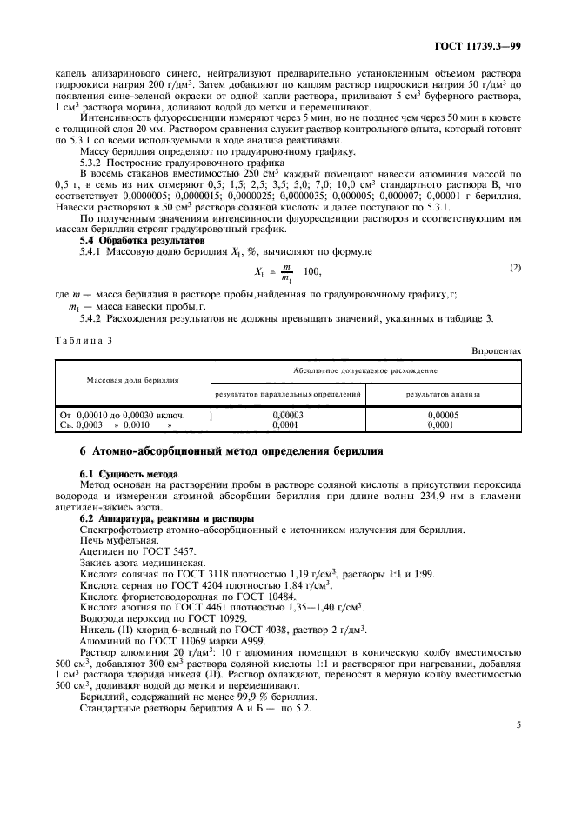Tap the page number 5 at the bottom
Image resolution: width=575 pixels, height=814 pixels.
[518, 723]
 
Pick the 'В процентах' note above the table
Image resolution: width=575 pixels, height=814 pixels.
[497, 350]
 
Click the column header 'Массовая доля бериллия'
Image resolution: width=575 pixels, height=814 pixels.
[132, 380]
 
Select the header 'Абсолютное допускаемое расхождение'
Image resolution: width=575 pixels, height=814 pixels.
[365, 370]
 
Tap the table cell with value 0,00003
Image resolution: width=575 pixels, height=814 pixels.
[288, 415]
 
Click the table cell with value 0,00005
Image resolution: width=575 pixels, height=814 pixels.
[444, 415]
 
